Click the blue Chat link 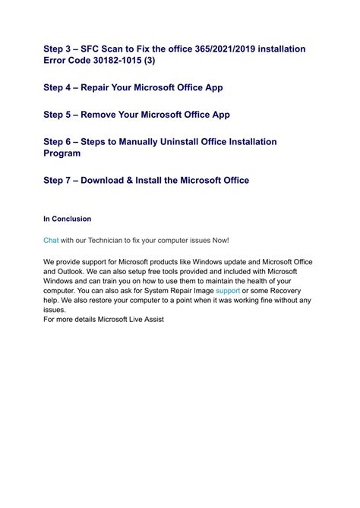pyautogui.click(x=51, y=240)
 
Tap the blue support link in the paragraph pyautogui.click(x=228, y=291)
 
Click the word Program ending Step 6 pyautogui.click(x=64, y=154)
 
